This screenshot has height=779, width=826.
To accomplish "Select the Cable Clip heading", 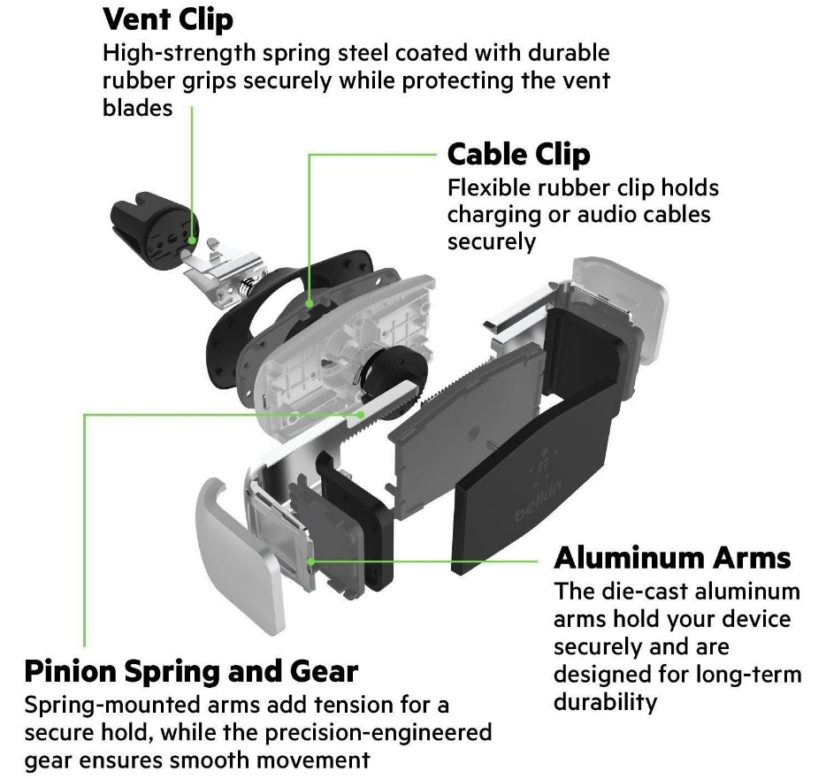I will [518, 154].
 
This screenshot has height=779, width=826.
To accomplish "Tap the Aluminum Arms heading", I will [672, 558].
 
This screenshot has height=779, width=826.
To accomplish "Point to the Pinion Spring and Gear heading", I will [191, 671].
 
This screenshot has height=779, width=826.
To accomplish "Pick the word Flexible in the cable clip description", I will [487, 188].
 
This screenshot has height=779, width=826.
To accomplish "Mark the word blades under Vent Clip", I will [138, 108].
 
